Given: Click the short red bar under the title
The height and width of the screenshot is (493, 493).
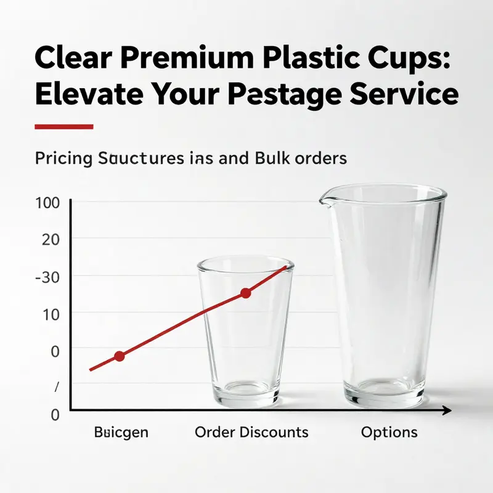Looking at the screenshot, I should pos(64,127).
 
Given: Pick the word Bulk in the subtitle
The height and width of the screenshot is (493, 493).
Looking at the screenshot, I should pos(272,158).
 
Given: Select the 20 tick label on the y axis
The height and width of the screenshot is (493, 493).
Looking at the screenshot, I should pos(50,239).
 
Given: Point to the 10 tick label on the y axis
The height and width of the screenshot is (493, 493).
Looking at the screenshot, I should pos(50,314).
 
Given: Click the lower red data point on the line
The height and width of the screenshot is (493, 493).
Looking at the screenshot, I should pos(120,356).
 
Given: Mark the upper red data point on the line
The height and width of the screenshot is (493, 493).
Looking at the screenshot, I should pos(245,293).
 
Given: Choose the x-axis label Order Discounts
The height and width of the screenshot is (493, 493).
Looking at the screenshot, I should pos(251,432).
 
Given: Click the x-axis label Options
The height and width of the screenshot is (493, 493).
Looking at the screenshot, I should pos(389,432).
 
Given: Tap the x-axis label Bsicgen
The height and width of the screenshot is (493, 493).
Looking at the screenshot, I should pos(121,432).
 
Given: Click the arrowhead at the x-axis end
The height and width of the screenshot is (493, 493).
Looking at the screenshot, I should pos(447,410).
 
